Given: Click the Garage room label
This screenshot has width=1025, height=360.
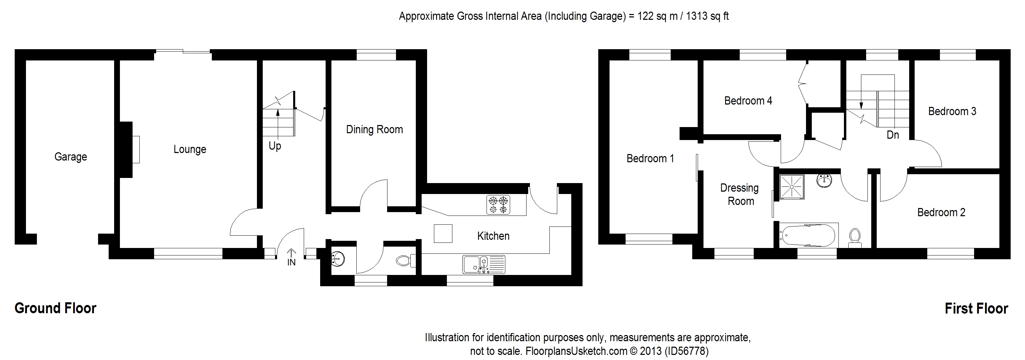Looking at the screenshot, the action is [71, 157].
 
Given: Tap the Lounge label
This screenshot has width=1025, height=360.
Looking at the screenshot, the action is [190, 150].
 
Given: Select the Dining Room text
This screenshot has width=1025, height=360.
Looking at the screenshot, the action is [374, 130].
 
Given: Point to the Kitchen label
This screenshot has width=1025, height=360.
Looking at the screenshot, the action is [493, 236].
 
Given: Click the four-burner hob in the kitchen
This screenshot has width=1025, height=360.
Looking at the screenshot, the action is [498, 205].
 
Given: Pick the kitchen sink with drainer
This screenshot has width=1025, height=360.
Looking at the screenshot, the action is [483, 264].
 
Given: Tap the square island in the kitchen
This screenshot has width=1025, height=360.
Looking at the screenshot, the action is [443, 234].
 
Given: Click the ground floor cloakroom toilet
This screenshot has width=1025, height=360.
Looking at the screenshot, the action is [406, 261].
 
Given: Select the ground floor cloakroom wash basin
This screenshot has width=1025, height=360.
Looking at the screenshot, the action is [338, 259].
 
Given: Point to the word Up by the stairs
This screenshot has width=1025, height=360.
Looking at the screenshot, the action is [275, 146].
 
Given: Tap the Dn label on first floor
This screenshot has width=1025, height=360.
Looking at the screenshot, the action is [893, 135].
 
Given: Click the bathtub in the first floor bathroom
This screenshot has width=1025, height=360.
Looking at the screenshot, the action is [808, 235].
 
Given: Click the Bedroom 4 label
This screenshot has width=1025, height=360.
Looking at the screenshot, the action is [748, 101].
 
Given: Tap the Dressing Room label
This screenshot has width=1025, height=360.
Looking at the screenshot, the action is [740, 195].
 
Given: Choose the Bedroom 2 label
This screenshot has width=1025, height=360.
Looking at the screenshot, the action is [941, 212].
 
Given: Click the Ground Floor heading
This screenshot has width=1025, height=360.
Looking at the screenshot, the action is [55, 308].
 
